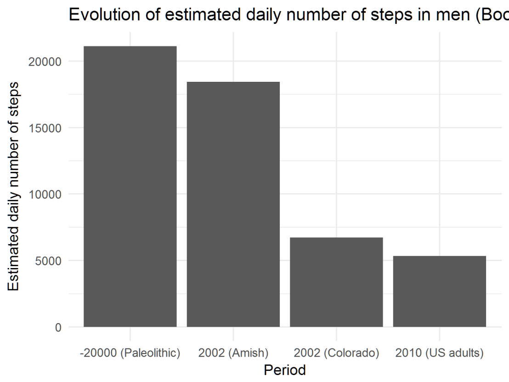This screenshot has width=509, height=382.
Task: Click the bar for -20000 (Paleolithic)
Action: (130, 187)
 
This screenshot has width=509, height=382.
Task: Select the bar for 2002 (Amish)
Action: (233, 205)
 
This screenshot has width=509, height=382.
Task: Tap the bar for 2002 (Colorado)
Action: (336, 282)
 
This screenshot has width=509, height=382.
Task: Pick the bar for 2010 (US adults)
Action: (440, 291)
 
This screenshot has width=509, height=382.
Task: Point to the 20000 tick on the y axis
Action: (45, 62)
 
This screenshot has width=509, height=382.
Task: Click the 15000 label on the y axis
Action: (45, 128)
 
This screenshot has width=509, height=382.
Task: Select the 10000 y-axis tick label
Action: (45, 194)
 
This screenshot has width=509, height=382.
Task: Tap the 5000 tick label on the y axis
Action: (49, 261)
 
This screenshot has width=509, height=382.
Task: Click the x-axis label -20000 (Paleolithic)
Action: (130, 353)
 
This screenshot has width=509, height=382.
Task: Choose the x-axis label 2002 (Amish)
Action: (233, 353)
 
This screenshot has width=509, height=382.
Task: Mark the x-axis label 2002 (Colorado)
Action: (336, 353)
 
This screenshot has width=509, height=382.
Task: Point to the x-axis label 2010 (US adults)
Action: (440, 353)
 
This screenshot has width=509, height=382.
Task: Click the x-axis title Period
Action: (284, 369)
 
